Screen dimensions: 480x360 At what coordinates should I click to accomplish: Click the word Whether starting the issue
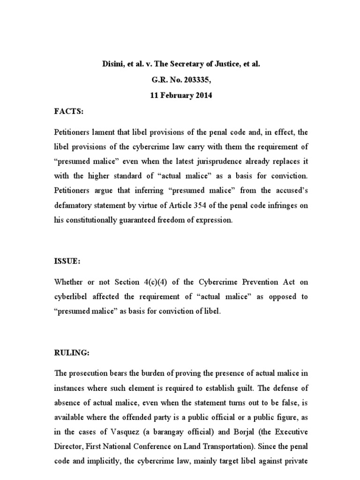click(x=68, y=283)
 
